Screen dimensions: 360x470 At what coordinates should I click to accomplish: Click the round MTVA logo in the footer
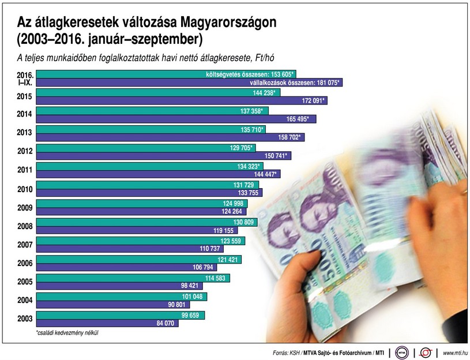(402, 352)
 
